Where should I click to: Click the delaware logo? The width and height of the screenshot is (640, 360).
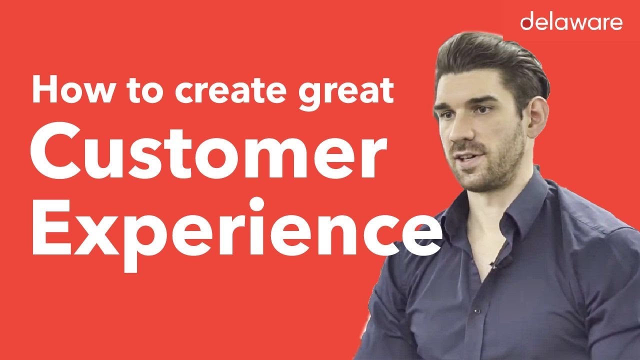571,22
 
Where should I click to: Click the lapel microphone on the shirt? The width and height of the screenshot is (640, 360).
494,264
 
